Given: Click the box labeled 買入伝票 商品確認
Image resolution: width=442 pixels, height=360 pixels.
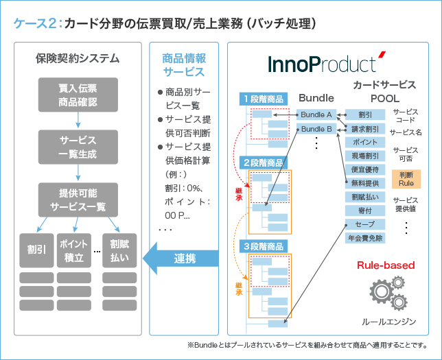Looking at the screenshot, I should point(78,95).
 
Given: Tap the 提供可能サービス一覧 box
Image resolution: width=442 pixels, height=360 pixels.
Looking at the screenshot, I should point(78,200).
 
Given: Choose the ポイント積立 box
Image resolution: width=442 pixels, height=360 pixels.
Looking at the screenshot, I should point(73,250).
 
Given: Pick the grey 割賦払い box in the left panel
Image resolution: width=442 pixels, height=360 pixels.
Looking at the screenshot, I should point(119,250).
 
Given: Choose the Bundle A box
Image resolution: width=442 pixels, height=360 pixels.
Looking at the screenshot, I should point(316,115).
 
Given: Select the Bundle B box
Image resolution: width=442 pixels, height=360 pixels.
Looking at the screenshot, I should point(316,128).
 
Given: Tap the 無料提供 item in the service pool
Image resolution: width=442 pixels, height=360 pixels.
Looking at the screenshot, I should point(365,183).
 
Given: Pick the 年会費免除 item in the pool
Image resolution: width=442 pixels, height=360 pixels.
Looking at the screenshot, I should point(365,238).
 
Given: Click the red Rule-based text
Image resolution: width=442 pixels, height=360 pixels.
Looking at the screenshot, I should point(385,265).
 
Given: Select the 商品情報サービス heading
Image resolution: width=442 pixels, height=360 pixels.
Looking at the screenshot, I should point(183,64).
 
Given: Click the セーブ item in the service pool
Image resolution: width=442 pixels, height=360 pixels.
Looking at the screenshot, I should point(365,224).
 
